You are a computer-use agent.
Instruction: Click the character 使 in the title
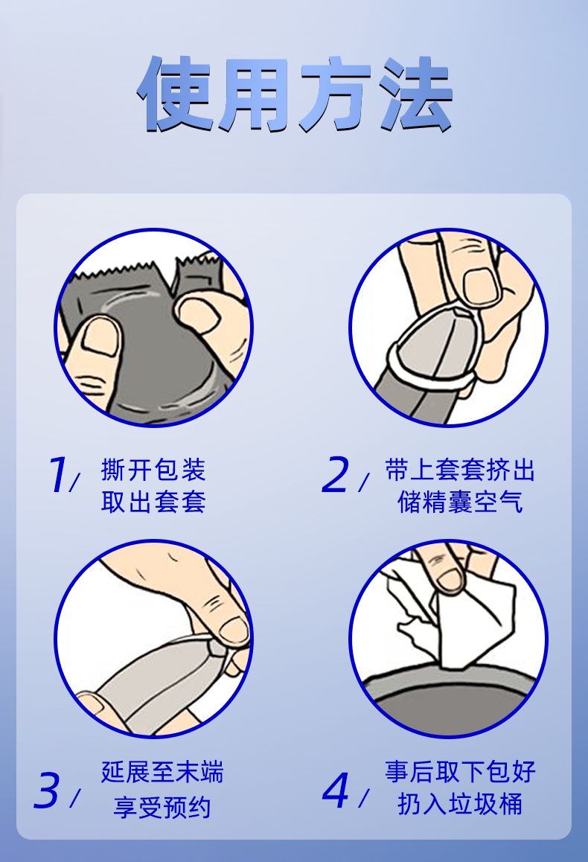[x=174, y=94]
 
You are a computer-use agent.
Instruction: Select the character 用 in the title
[x=255, y=94]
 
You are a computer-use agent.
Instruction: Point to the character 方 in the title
[x=334, y=94]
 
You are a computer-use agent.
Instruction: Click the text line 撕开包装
[x=153, y=470]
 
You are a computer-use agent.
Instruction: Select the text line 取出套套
[x=153, y=502]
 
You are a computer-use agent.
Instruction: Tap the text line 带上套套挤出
[x=459, y=470]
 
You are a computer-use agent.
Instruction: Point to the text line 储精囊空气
[x=459, y=502]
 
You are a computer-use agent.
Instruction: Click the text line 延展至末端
[x=163, y=772]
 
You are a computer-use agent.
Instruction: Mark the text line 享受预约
[x=163, y=807]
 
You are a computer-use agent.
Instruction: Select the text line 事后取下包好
[x=460, y=771]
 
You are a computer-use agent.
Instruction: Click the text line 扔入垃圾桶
[x=460, y=803]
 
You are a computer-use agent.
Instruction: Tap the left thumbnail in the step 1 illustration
[x=100, y=337]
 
